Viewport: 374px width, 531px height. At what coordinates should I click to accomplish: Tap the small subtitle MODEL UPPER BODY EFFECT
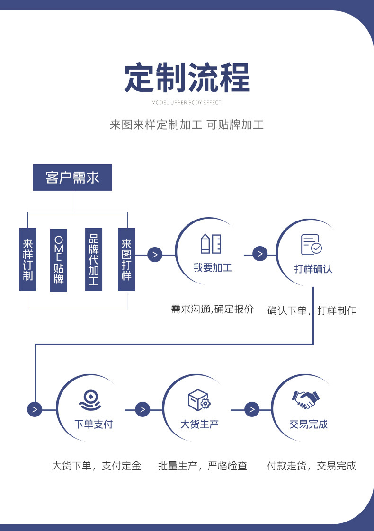coord(187,102)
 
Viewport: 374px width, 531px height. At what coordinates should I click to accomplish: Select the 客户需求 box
coord(72,177)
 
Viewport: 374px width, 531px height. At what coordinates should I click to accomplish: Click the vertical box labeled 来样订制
coord(28,259)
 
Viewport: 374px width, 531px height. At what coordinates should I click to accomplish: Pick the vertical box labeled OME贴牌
coord(59,259)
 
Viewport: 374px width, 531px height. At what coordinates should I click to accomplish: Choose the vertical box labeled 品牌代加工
coord(94,259)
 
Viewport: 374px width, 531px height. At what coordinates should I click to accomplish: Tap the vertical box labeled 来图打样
coord(126,259)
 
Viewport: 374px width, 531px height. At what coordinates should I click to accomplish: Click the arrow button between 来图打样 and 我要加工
coord(155,255)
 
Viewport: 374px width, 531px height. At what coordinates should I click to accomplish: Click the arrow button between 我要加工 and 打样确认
coord(260,254)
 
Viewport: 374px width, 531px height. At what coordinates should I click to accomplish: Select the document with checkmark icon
coord(311,245)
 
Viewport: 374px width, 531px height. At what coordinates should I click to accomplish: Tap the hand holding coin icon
coord(90,400)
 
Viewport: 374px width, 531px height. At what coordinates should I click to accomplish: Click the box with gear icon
coord(199,400)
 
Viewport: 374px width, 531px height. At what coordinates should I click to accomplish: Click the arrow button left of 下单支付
coord(35,409)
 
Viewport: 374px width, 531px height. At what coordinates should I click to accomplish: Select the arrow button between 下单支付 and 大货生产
coord(142,409)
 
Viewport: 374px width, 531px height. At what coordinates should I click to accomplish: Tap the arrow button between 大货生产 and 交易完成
coord(252,409)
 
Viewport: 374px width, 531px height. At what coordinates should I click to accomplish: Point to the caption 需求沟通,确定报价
coord(212,310)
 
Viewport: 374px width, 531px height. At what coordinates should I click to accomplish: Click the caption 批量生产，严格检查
coord(203,466)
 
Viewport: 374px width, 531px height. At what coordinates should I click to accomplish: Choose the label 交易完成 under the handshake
coord(309,424)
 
